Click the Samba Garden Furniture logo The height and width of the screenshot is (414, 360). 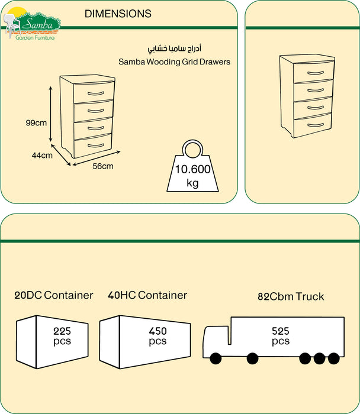pos(33,24)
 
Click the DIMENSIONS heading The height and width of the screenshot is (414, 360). pos(118,14)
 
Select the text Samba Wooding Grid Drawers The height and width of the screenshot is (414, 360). pos(174,62)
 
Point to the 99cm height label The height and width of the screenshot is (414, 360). pos(36,123)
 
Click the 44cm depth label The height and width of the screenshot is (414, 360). pos(43,156)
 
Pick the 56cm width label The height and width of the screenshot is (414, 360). pos(102,166)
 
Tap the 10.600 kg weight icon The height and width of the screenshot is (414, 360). pos(192,172)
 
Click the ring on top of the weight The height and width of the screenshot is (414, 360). pos(192,147)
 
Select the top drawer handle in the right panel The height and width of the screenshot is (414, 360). pos(312,72)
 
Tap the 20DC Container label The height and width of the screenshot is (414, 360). pos(54,295)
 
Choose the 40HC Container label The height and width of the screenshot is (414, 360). pos(147,295)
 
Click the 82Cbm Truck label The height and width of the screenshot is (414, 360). pos(291,296)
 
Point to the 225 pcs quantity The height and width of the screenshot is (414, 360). pos(62,336)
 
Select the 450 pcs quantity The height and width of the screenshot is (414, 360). pos(157,336)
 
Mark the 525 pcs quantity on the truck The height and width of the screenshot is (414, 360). pos(281,336)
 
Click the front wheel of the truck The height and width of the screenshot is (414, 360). pos(214,358)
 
